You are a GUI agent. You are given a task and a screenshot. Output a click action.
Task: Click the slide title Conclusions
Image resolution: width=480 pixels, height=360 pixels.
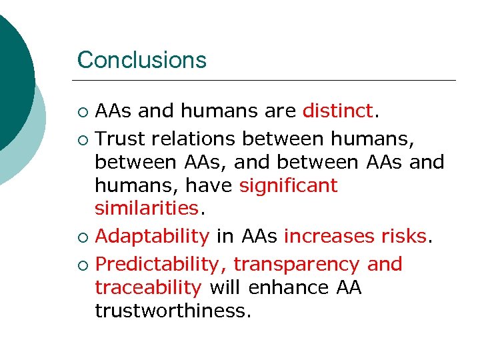[x=141, y=60]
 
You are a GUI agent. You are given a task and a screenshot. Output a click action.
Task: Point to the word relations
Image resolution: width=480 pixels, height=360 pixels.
[x=193, y=138]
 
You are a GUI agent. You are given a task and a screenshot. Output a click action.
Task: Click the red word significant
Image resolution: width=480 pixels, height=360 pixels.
[x=288, y=185]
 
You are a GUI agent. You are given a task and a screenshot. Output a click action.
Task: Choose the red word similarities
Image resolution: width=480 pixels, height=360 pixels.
[x=147, y=209]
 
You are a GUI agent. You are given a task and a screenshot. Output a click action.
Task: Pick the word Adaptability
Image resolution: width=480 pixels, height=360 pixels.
[x=152, y=236]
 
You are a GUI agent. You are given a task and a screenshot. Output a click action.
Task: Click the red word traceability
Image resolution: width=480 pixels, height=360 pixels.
[x=148, y=287]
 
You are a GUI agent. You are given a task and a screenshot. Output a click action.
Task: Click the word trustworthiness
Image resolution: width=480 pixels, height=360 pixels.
[x=172, y=311]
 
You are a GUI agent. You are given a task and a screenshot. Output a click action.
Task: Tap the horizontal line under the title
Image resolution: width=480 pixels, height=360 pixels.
[x=267, y=81]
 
